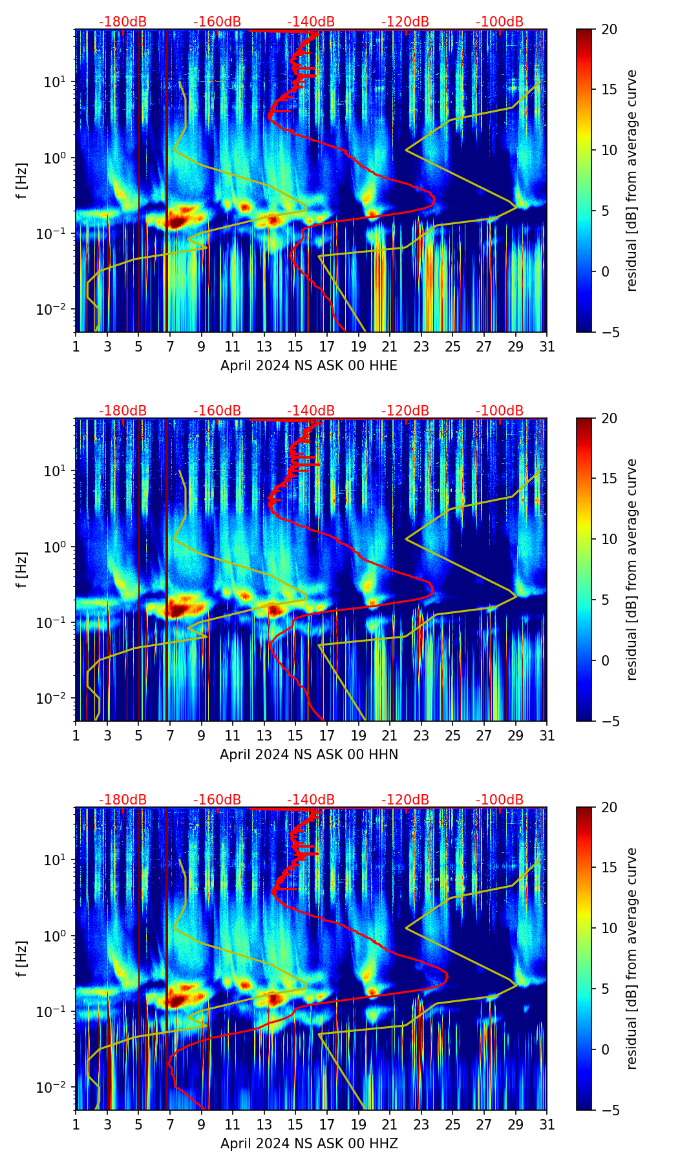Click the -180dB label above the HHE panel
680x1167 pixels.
123,22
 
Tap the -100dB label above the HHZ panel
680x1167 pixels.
500,800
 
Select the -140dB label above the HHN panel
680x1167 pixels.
311,411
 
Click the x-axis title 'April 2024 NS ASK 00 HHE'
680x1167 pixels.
309,366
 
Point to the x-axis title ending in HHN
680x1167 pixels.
309,755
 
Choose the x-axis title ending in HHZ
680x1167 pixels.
309,1144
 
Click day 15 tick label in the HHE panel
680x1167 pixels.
295,347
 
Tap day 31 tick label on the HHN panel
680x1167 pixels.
547,736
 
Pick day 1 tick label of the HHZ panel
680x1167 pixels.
76,1125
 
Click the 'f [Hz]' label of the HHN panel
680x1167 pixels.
22,569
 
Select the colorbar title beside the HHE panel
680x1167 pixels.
632,180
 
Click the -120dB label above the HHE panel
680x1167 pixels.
405,22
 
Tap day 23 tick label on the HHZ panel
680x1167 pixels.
421,1125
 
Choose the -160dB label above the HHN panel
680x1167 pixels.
217,411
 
